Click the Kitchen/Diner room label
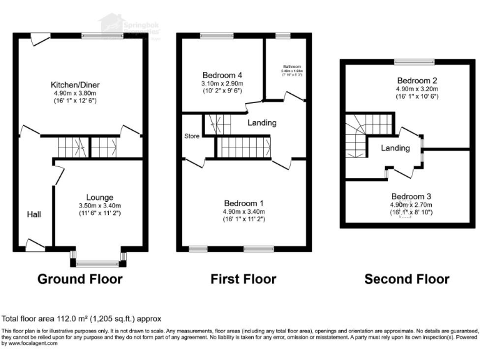76,85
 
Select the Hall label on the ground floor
34,214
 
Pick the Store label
191,136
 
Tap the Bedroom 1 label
244,204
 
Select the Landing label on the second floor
396,148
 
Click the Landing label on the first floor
261,122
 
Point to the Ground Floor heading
80,279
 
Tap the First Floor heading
244,279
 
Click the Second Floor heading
407,279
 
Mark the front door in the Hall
34,245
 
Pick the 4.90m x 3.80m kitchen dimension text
76,94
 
